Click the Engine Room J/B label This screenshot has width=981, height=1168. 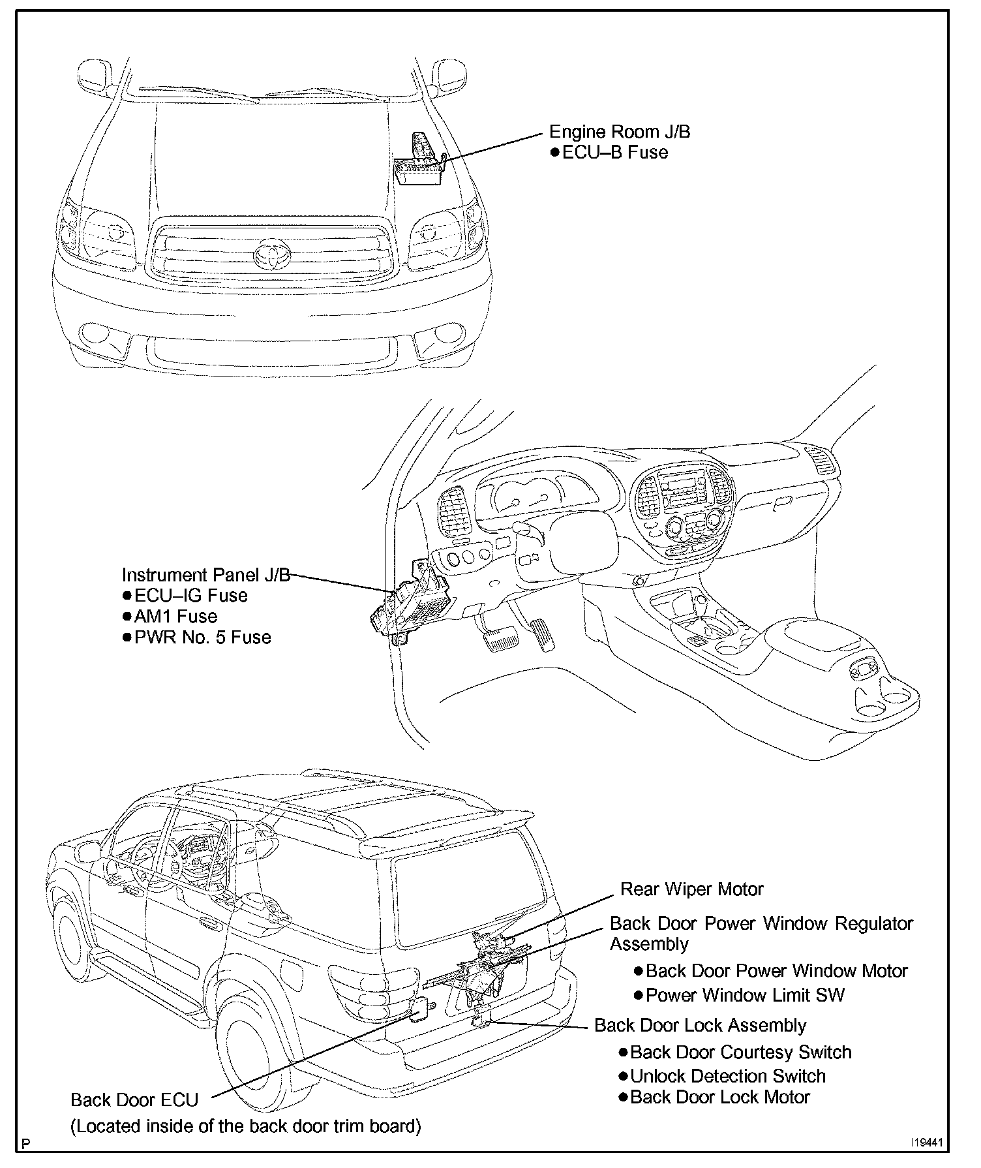coord(619,132)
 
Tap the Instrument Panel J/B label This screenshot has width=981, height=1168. coord(205,575)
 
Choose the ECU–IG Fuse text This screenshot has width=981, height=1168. coord(190,596)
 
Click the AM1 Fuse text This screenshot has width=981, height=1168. coord(175,617)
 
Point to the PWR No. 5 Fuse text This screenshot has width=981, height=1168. coord(202,638)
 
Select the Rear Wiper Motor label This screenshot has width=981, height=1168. coord(691,889)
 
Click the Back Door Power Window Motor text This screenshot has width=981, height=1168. coord(776,971)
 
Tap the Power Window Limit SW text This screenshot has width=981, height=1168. coord(745,995)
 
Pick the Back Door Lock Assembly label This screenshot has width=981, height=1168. coord(700,1025)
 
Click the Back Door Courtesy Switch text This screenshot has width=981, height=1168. coord(740,1053)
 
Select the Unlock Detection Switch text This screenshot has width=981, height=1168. coord(727,1076)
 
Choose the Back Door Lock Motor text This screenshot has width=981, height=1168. coord(719,1097)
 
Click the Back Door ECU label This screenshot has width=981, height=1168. coord(134,1100)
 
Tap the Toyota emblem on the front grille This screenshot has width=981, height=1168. coord(269,255)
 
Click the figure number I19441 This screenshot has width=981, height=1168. coord(928,1143)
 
